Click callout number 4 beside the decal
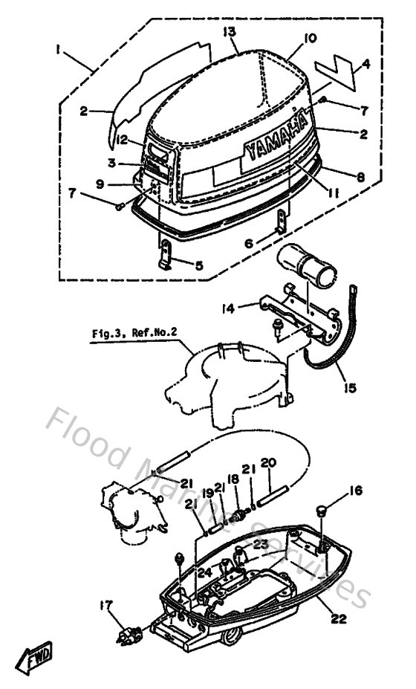click(x=365, y=67)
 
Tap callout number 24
click(x=202, y=572)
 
